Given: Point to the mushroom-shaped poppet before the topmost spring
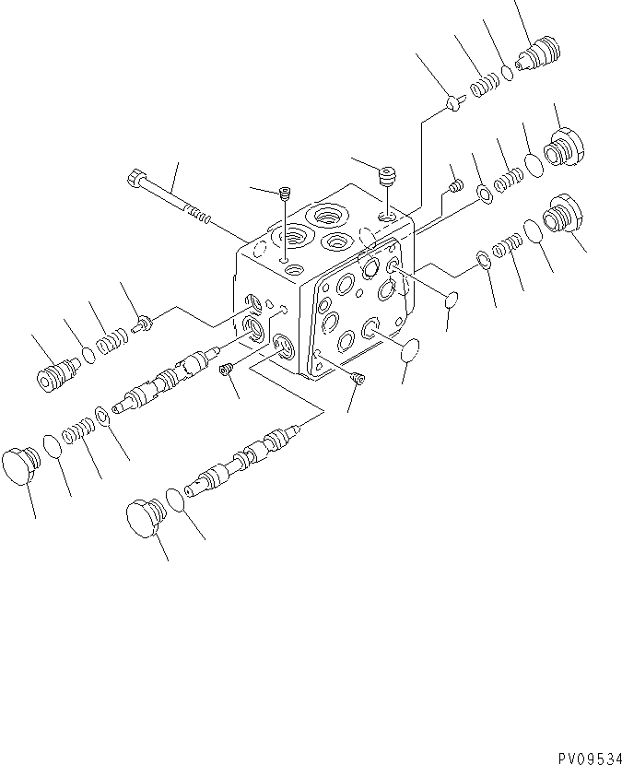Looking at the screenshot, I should pyautogui.click(x=452, y=104).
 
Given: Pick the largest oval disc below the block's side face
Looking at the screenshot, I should pyautogui.click(x=410, y=349).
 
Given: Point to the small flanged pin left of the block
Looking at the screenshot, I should pyautogui.click(x=143, y=323).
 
